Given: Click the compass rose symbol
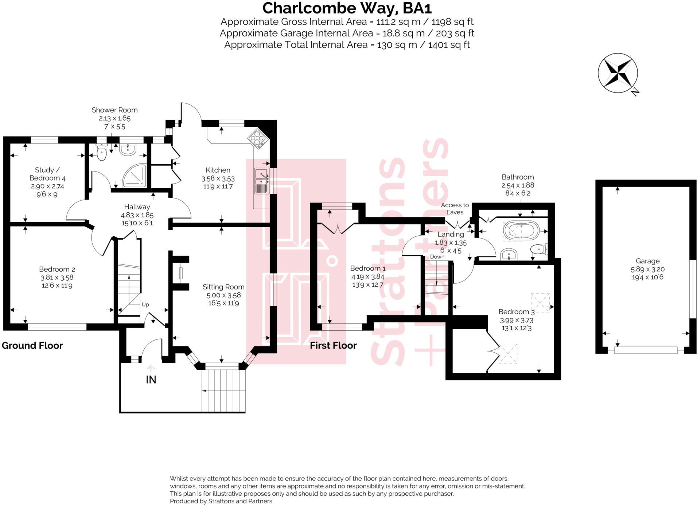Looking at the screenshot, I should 618,73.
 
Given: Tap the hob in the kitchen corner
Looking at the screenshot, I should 258,139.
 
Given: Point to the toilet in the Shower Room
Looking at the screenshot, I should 102,152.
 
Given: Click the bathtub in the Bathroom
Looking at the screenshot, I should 521,230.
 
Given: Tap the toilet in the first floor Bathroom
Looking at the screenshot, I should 538,249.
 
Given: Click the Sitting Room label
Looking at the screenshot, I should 223,287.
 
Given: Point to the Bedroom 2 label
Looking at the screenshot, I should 57,269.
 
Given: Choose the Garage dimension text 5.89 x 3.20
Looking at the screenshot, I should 647,269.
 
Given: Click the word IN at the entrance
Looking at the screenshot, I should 151,380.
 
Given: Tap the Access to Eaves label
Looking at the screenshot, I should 455,209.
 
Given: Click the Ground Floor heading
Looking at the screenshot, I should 32,345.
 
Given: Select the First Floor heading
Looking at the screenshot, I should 333,345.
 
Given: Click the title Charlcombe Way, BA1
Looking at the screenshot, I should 347,8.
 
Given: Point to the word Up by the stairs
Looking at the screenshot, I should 145,304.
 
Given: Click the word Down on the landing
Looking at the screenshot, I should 437,256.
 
